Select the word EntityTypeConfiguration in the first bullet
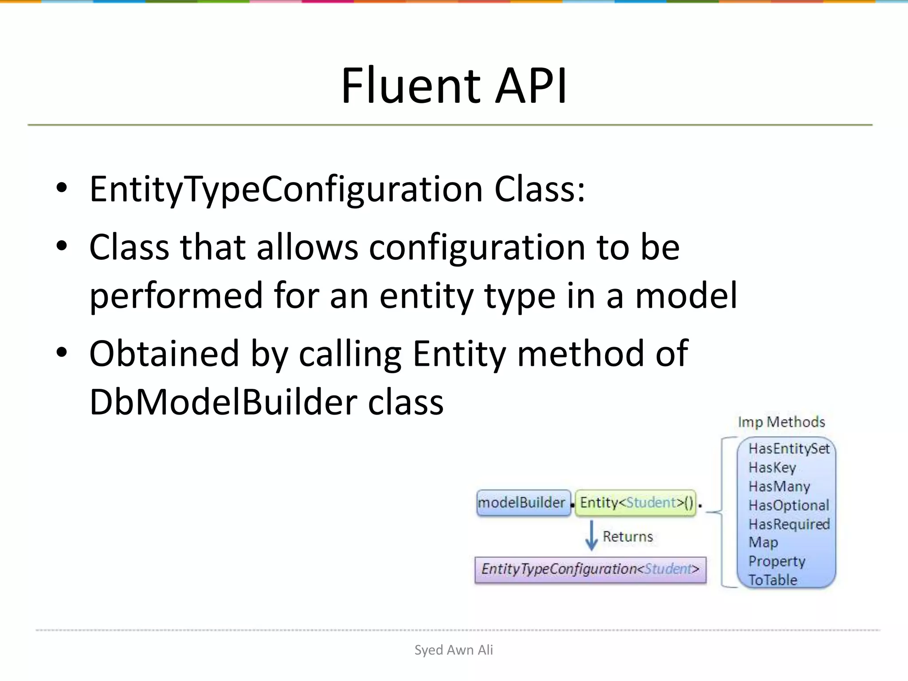[286, 189]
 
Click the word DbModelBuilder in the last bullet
[223, 402]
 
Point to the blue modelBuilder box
[523, 503]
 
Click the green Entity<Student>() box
[635, 503]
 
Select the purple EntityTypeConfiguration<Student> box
[590, 569]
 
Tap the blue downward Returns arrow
[591, 536]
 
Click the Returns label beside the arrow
[628, 536]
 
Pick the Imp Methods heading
[781, 422]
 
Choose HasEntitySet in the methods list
[789, 449]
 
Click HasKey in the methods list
[772, 468]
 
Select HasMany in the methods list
[779, 487]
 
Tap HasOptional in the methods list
[789, 505]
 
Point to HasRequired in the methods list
[789, 524]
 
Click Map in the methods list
[763, 543]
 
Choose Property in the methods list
[777, 562]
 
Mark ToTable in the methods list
[773, 580]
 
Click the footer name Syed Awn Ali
[454, 650]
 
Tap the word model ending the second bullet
[686, 296]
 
